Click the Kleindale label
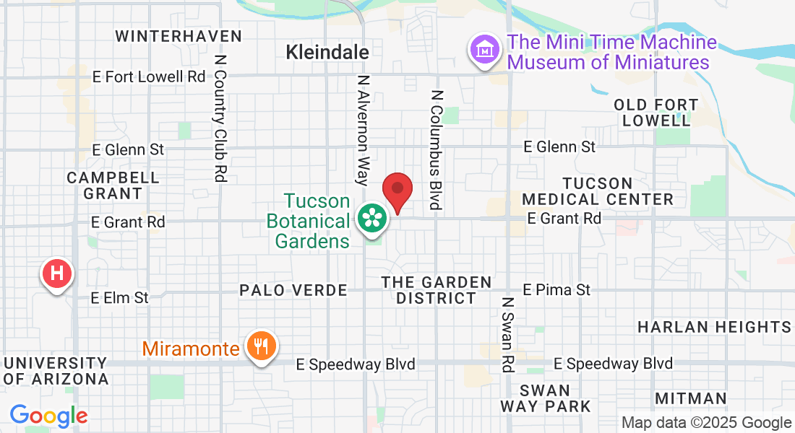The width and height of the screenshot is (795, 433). click(x=327, y=52)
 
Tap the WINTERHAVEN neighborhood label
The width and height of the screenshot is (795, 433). click(x=178, y=36)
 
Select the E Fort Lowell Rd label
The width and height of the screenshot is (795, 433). click(x=150, y=76)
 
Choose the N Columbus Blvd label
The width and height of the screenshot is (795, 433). click(x=436, y=149)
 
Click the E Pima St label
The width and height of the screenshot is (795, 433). click(x=556, y=289)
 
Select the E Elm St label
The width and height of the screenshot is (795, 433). click(x=120, y=297)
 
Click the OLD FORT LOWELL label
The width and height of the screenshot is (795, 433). click(x=656, y=113)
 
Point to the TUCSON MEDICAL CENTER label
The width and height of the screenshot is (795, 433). click(x=598, y=191)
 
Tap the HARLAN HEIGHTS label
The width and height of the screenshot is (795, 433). click(x=714, y=327)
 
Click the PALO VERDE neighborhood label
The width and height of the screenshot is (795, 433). click(x=293, y=290)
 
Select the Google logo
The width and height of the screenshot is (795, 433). click(x=48, y=416)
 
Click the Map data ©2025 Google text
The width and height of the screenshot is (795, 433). click(x=707, y=423)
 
